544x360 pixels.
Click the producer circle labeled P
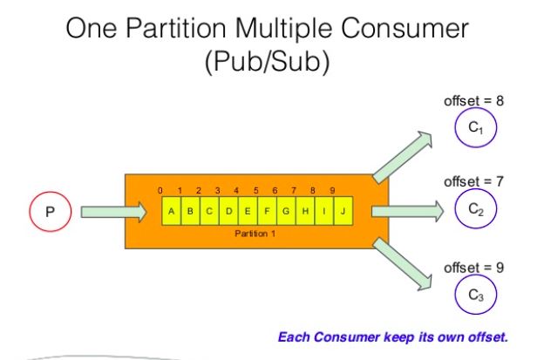pyautogui.click(x=50, y=212)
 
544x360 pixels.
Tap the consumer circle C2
pyautogui.click(x=475, y=210)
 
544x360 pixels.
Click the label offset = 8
pyautogui.click(x=474, y=101)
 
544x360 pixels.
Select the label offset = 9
pyautogui.click(x=474, y=268)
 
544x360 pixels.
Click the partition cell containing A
pyautogui.click(x=171, y=211)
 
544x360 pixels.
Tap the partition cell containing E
pyautogui.click(x=248, y=211)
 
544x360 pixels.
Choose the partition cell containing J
pyautogui.click(x=343, y=211)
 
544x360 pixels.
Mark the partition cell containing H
pyautogui.click(x=305, y=211)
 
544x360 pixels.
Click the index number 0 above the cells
pyautogui.click(x=160, y=190)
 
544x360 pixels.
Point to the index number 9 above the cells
pyautogui.click(x=332, y=190)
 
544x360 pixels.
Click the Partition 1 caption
pyautogui.click(x=255, y=234)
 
